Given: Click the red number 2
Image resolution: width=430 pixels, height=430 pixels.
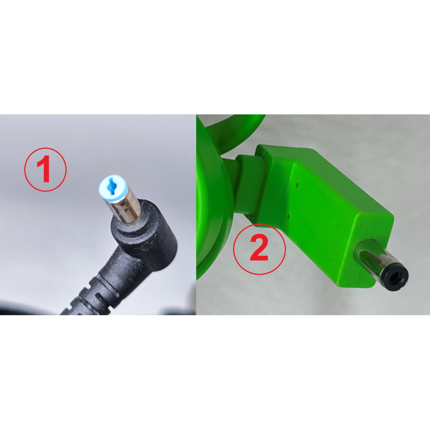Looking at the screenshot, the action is coord(259,248).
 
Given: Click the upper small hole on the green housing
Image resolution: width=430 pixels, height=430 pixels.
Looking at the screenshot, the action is coord(297,186).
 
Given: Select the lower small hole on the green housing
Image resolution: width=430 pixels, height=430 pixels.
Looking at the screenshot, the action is coord(289,216).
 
